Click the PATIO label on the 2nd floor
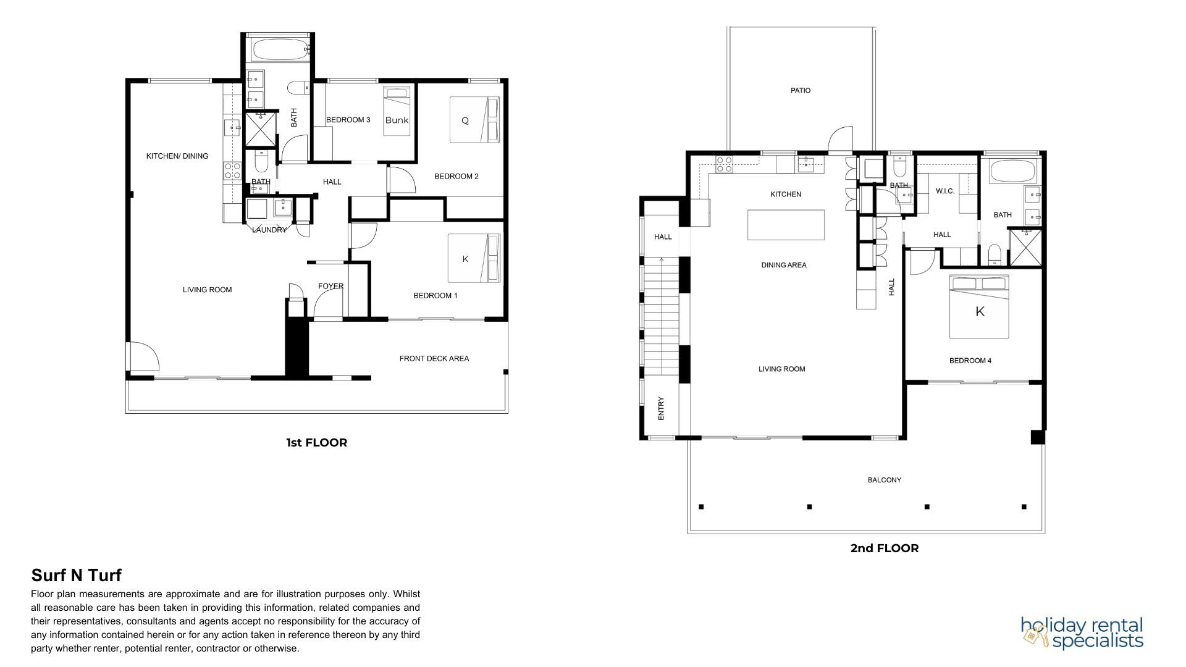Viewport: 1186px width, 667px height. tap(801, 90)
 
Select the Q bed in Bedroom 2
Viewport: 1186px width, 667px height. tap(474, 120)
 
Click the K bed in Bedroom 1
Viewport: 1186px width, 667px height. tap(474, 258)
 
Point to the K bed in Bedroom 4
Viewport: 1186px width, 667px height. tap(979, 307)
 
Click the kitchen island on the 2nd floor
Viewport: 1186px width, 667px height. tap(786, 225)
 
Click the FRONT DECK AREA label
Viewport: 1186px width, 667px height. tap(434, 358)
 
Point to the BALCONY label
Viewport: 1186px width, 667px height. tap(885, 480)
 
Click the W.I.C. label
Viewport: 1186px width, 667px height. tap(945, 191)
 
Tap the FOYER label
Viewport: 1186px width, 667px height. tap(331, 286)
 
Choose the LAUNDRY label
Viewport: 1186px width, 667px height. tap(269, 230)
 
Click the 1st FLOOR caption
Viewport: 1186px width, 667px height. tap(316, 443)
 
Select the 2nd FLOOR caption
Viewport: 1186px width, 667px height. tap(885, 548)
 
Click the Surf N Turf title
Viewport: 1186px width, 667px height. tap(77, 576)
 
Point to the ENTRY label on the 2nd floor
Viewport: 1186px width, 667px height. tap(661, 409)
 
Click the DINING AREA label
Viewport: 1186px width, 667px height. tap(784, 265)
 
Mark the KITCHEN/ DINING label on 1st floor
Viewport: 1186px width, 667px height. tap(177, 156)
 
